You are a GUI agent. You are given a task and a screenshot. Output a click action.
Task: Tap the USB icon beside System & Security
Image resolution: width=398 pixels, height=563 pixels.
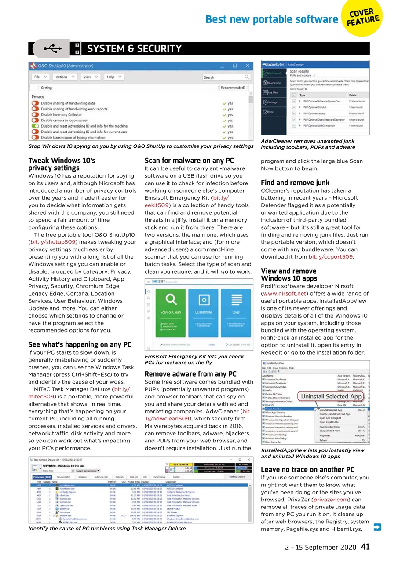click(51, 48)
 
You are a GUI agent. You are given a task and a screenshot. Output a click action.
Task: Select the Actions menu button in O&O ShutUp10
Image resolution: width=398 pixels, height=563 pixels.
click(64, 77)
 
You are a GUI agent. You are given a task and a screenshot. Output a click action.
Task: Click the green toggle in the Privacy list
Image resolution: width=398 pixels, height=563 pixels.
click(35, 126)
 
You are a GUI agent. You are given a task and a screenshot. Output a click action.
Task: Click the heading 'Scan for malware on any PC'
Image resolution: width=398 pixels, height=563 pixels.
click(189, 161)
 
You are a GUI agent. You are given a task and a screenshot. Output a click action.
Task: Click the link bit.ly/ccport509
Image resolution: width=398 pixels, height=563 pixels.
click(330, 257)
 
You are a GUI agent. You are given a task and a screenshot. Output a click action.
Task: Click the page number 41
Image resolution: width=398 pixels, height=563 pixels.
click(365, 547)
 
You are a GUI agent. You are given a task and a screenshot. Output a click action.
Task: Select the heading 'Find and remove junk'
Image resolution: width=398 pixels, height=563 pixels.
click(295, 183)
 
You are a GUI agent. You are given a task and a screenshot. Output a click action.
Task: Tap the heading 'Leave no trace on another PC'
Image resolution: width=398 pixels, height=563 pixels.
click(307, 469)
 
